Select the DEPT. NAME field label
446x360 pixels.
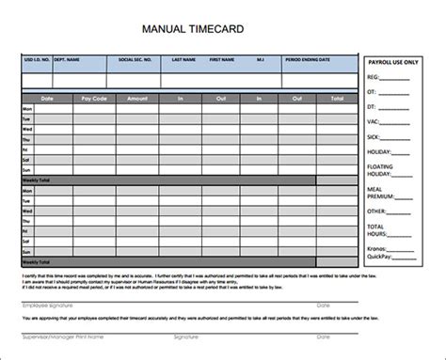coord(67,58)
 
